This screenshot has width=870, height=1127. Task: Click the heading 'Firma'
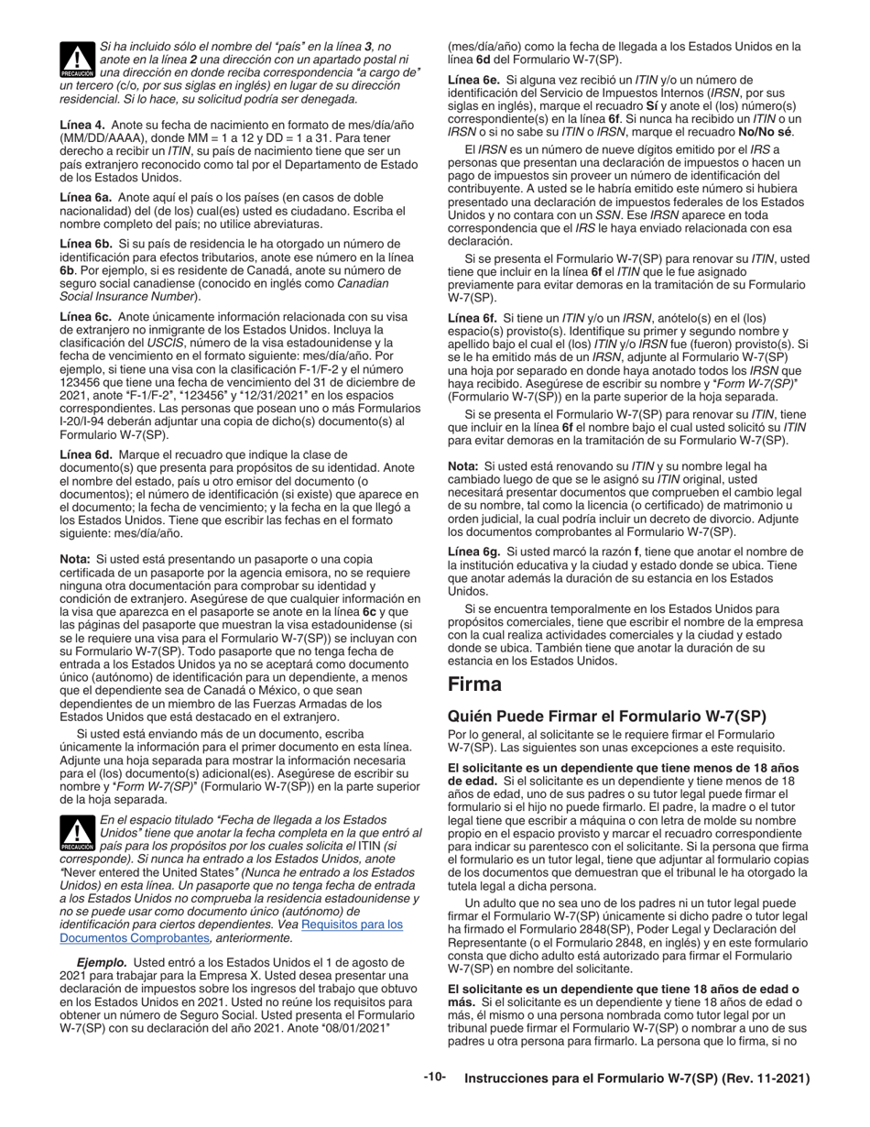tap(474, 684)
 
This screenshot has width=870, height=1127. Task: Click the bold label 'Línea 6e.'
tap(473, 80)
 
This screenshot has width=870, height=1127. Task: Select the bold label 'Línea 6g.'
tap(474, 552)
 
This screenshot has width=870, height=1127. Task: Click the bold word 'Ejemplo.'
tap(102, 963)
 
